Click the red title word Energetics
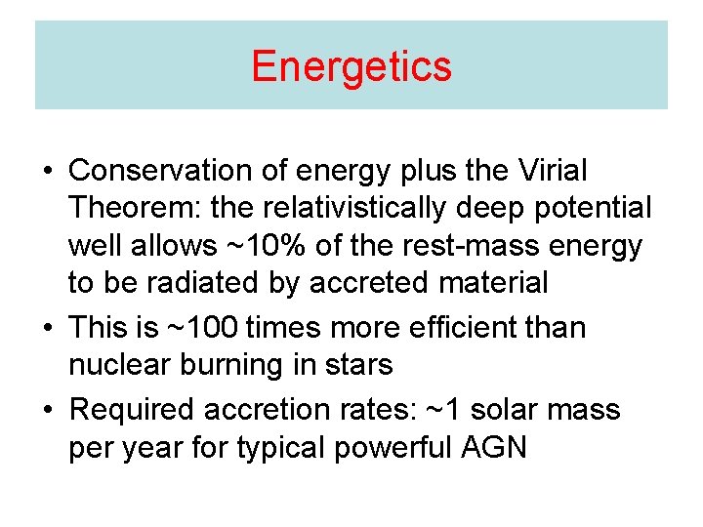[x=351, y=66]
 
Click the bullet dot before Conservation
[x=47, y=172]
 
